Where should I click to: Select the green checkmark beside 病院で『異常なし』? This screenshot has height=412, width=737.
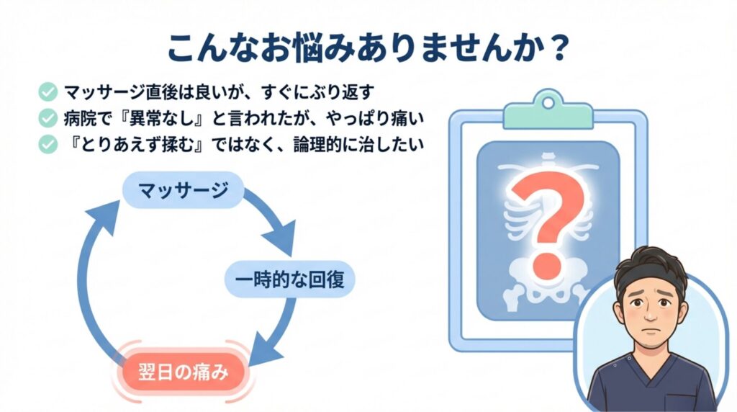coord(48,117)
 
